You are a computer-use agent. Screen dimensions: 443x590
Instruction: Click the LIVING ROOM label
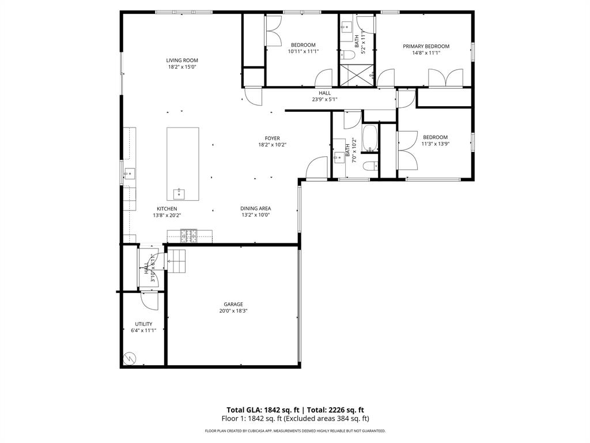point(182,60)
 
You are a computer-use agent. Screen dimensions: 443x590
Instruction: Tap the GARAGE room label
point(233,304)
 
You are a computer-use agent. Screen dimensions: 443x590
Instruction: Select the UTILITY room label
point(143,324)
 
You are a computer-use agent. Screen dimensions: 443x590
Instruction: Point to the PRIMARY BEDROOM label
point(426,46)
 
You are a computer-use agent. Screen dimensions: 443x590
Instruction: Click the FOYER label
point(272,138)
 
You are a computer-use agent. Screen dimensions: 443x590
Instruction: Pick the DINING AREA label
point(255,209)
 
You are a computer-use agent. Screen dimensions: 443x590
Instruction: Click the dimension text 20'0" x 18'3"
point(233,310)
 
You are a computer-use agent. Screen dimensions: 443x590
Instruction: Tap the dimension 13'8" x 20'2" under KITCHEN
point(167,215)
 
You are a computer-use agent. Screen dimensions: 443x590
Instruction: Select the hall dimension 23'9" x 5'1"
point(324,99)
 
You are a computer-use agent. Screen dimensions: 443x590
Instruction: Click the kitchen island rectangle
point(183,163)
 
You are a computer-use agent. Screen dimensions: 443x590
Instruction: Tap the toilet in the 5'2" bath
point(347,55)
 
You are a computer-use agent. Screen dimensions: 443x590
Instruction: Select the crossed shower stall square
point(356,74)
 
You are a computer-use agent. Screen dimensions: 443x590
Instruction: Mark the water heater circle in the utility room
point(130,358)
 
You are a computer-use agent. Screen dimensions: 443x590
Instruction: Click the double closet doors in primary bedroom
point(445,77)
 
